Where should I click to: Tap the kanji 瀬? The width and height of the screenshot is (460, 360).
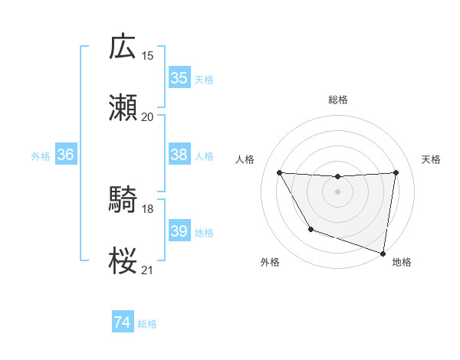click(123, 108)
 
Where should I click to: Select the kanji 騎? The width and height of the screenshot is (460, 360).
click(123, 200)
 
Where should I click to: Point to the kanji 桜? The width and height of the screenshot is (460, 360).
click(123, 261)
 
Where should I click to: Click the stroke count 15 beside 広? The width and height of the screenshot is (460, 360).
click(147, 55)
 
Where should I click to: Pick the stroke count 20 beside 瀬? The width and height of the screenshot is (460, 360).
click(147, 116)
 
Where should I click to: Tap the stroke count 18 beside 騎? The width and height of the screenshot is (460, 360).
click(147, 208)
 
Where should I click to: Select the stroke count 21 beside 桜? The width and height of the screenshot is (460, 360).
click(147, 270)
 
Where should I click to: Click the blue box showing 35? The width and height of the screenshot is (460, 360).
click(179, 78)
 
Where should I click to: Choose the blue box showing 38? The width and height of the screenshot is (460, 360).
click(179, 155)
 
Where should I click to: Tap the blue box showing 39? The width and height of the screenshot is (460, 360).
click(179, 231)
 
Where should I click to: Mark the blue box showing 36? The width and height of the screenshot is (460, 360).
click(65, 155)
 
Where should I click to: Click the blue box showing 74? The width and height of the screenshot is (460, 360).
click(123, 323)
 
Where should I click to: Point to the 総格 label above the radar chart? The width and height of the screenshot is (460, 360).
click(338, 100)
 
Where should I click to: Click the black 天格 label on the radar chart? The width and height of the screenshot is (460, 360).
click(432, 159)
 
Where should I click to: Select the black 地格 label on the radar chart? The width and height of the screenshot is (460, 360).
click(402, 262)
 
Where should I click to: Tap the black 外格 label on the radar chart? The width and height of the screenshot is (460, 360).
click(270, 262)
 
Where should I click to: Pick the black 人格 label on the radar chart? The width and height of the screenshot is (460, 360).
click(245, 159)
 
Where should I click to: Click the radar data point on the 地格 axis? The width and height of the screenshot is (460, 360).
click(383, 253)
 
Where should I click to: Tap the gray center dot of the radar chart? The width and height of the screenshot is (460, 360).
click(338, 191)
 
